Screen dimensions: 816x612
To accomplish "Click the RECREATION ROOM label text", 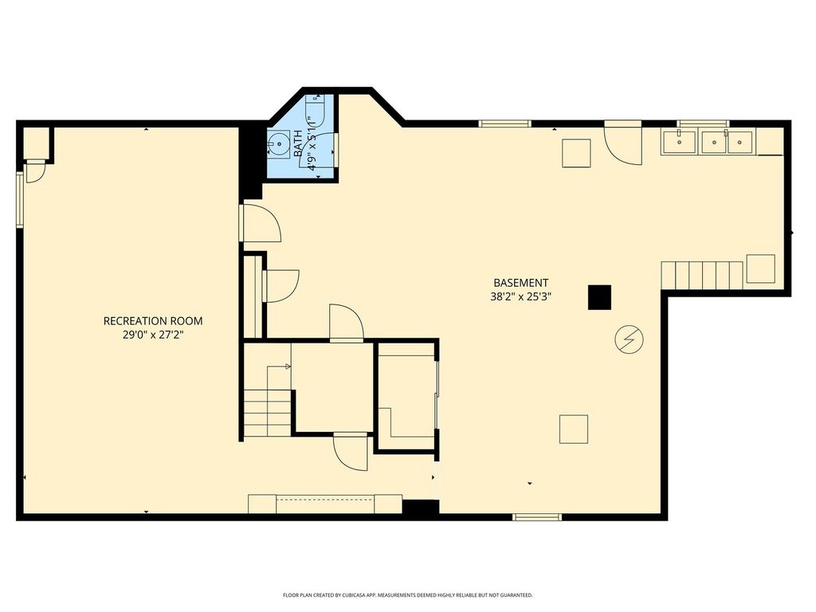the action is (153, 321).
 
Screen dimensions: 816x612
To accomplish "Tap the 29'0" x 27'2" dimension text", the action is (153, 335).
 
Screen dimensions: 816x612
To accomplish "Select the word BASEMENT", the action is (520, 283).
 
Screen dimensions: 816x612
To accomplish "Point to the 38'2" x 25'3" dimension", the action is (520, 297).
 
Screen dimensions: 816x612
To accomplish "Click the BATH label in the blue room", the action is (298, 143).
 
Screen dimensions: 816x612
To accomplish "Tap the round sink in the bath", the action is (280, 142).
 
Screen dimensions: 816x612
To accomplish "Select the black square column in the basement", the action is (599, 297).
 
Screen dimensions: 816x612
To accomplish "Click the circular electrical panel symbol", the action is (629, 339).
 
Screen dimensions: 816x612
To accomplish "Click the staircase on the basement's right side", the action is (702, 275).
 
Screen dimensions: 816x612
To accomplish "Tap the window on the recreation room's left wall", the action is (20, 200).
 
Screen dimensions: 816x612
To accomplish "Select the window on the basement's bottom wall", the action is (537, 516).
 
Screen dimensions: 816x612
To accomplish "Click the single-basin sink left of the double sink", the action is (679, 142).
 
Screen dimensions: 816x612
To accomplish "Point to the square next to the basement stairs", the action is (760, 269).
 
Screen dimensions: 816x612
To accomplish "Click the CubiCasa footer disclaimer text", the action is (407, 594).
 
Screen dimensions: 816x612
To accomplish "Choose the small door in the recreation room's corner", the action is (36, 172).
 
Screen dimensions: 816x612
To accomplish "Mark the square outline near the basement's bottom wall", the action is (574, 429).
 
